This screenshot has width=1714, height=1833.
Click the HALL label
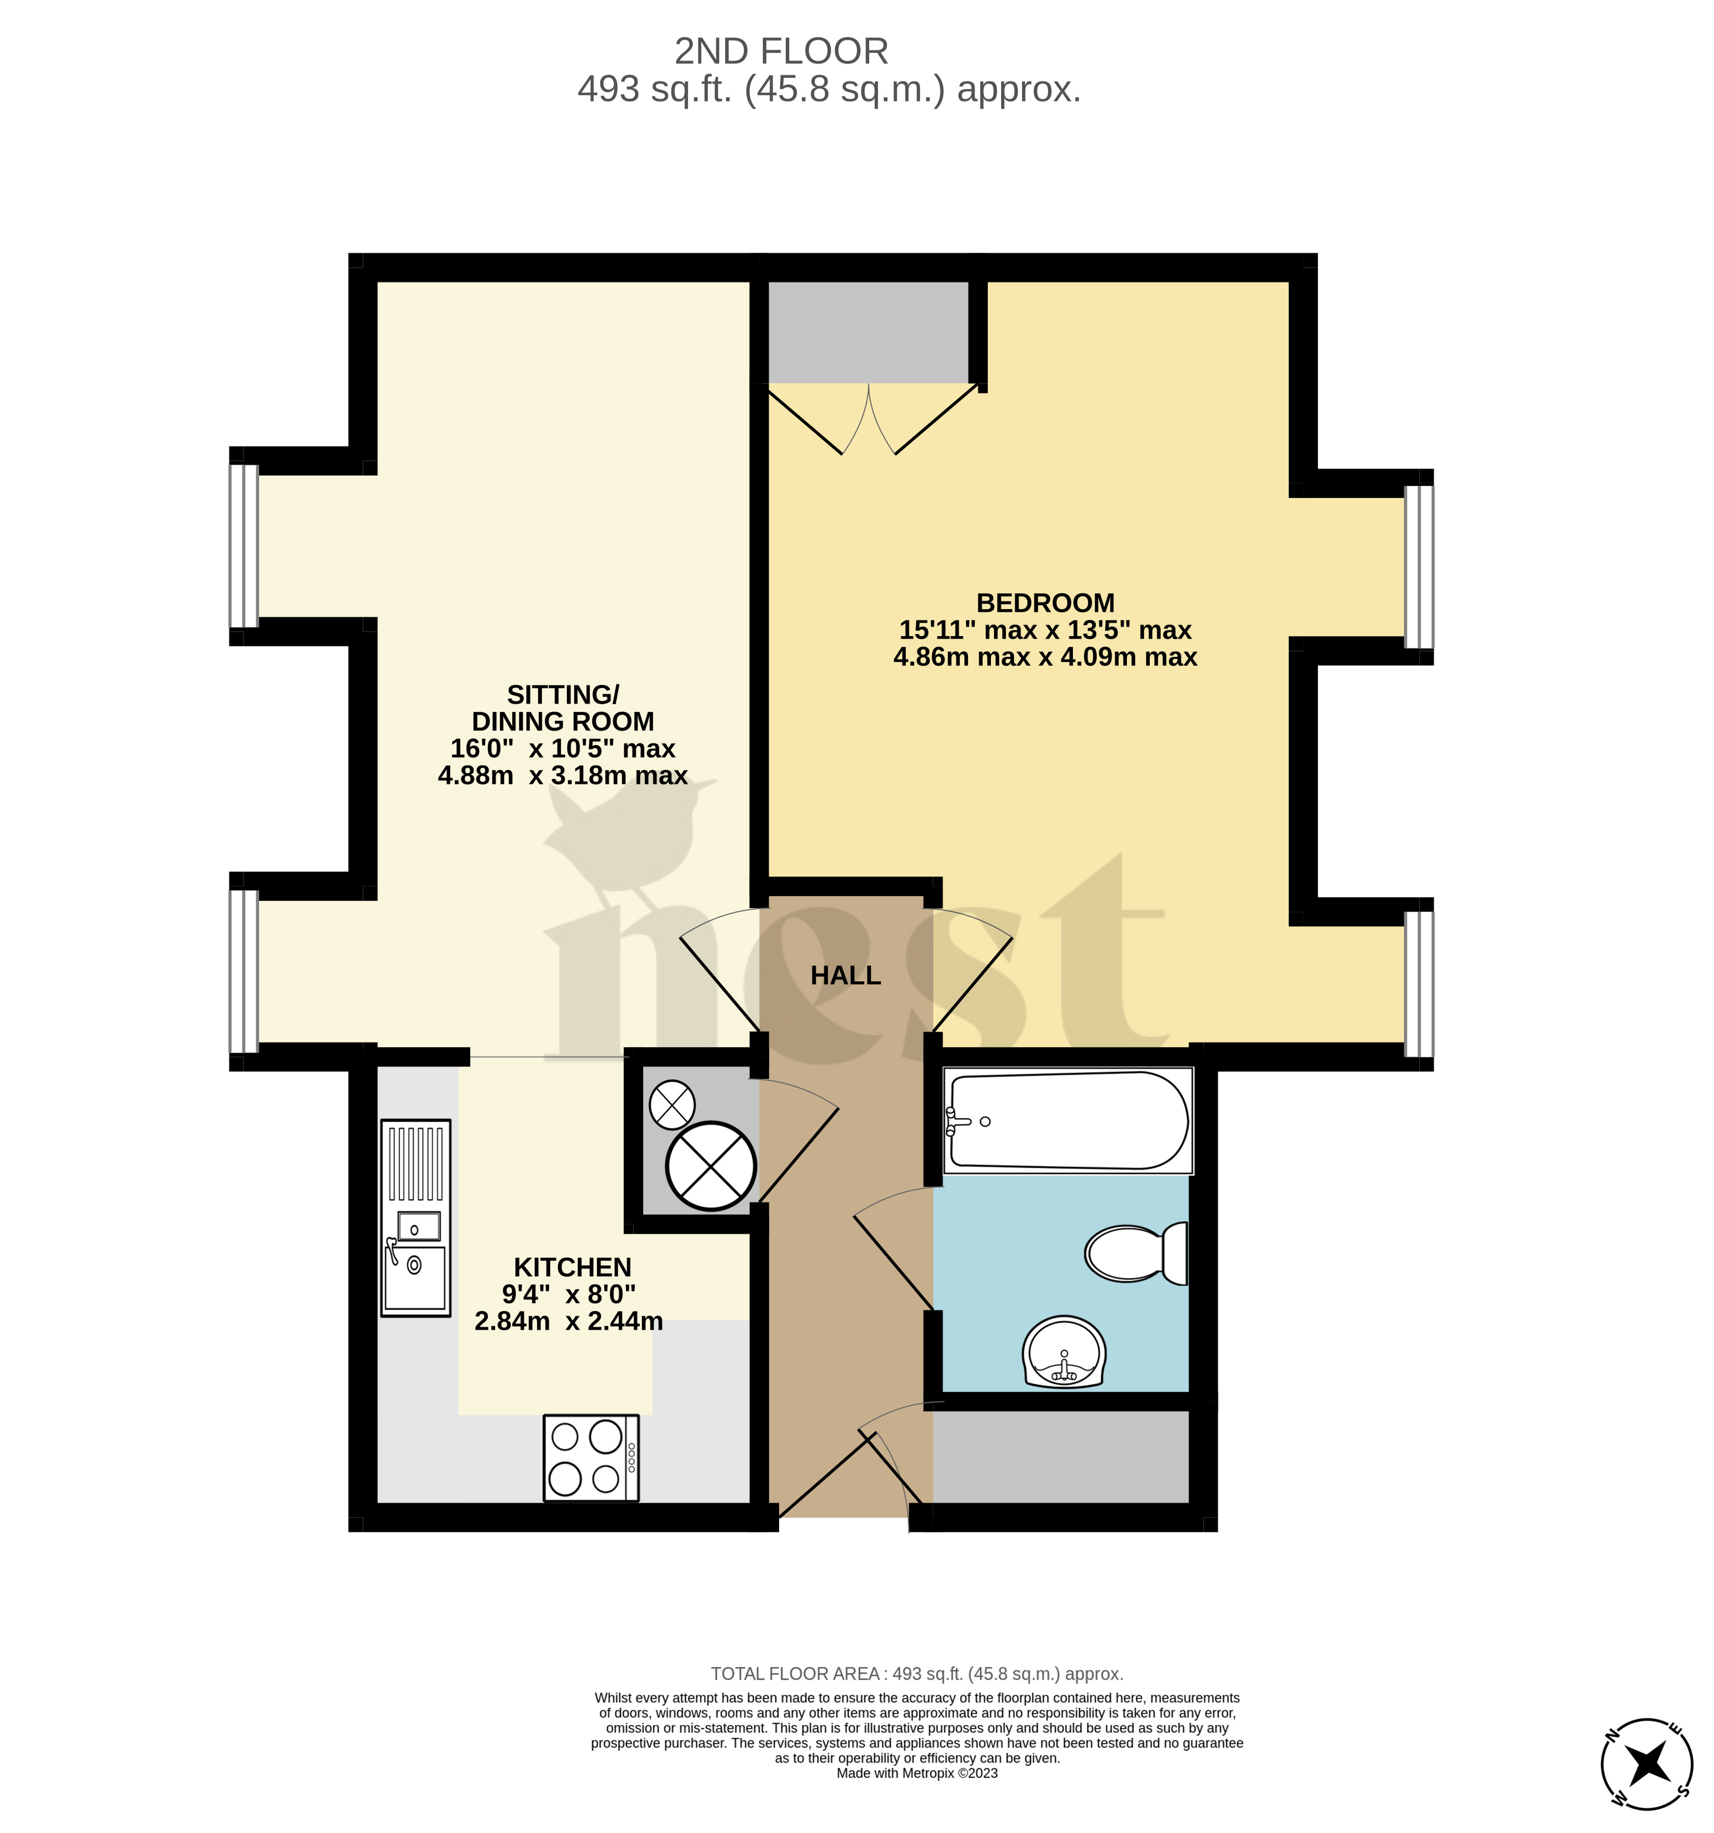(845, 975)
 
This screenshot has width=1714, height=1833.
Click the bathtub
(1068, 1121)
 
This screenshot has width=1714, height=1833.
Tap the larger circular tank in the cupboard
(711, 1166)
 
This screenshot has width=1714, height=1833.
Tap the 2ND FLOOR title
(781, 51)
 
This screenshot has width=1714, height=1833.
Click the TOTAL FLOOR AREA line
(917, 1674)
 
